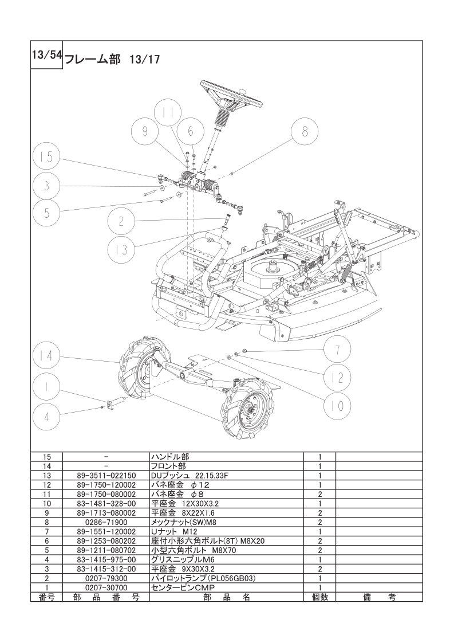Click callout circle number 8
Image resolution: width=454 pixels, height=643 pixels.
[305, 132]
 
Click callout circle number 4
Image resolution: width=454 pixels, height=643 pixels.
[47, 416]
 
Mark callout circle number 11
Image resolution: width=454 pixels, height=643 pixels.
[167, 113]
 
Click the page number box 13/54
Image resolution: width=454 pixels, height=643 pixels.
[46, 55]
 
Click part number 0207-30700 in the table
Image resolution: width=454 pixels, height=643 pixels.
[105, 587]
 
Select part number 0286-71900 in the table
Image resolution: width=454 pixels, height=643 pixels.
[105, 523]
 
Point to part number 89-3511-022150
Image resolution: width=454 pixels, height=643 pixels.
[105, 476]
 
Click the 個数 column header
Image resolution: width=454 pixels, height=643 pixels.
[319, 597]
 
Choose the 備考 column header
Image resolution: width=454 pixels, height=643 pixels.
[378, 597]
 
